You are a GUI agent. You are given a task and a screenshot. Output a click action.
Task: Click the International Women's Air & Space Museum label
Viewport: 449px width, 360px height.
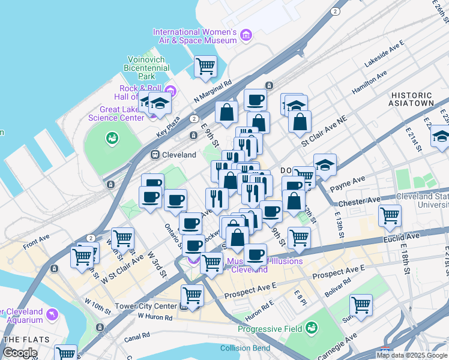[x=194, y=36]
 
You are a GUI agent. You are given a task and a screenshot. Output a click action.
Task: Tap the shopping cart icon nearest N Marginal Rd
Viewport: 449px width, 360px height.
[x=205, y=65]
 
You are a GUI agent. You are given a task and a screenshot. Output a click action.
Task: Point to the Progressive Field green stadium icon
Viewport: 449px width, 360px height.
[x=311, y=328]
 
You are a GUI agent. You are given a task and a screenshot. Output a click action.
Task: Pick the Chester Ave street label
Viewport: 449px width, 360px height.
[x=360, y=202]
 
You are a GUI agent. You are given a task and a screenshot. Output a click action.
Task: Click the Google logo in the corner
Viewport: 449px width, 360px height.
[x=20, y=353]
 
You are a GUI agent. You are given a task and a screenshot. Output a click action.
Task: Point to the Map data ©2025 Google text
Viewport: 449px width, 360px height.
[x=412, y=355]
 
